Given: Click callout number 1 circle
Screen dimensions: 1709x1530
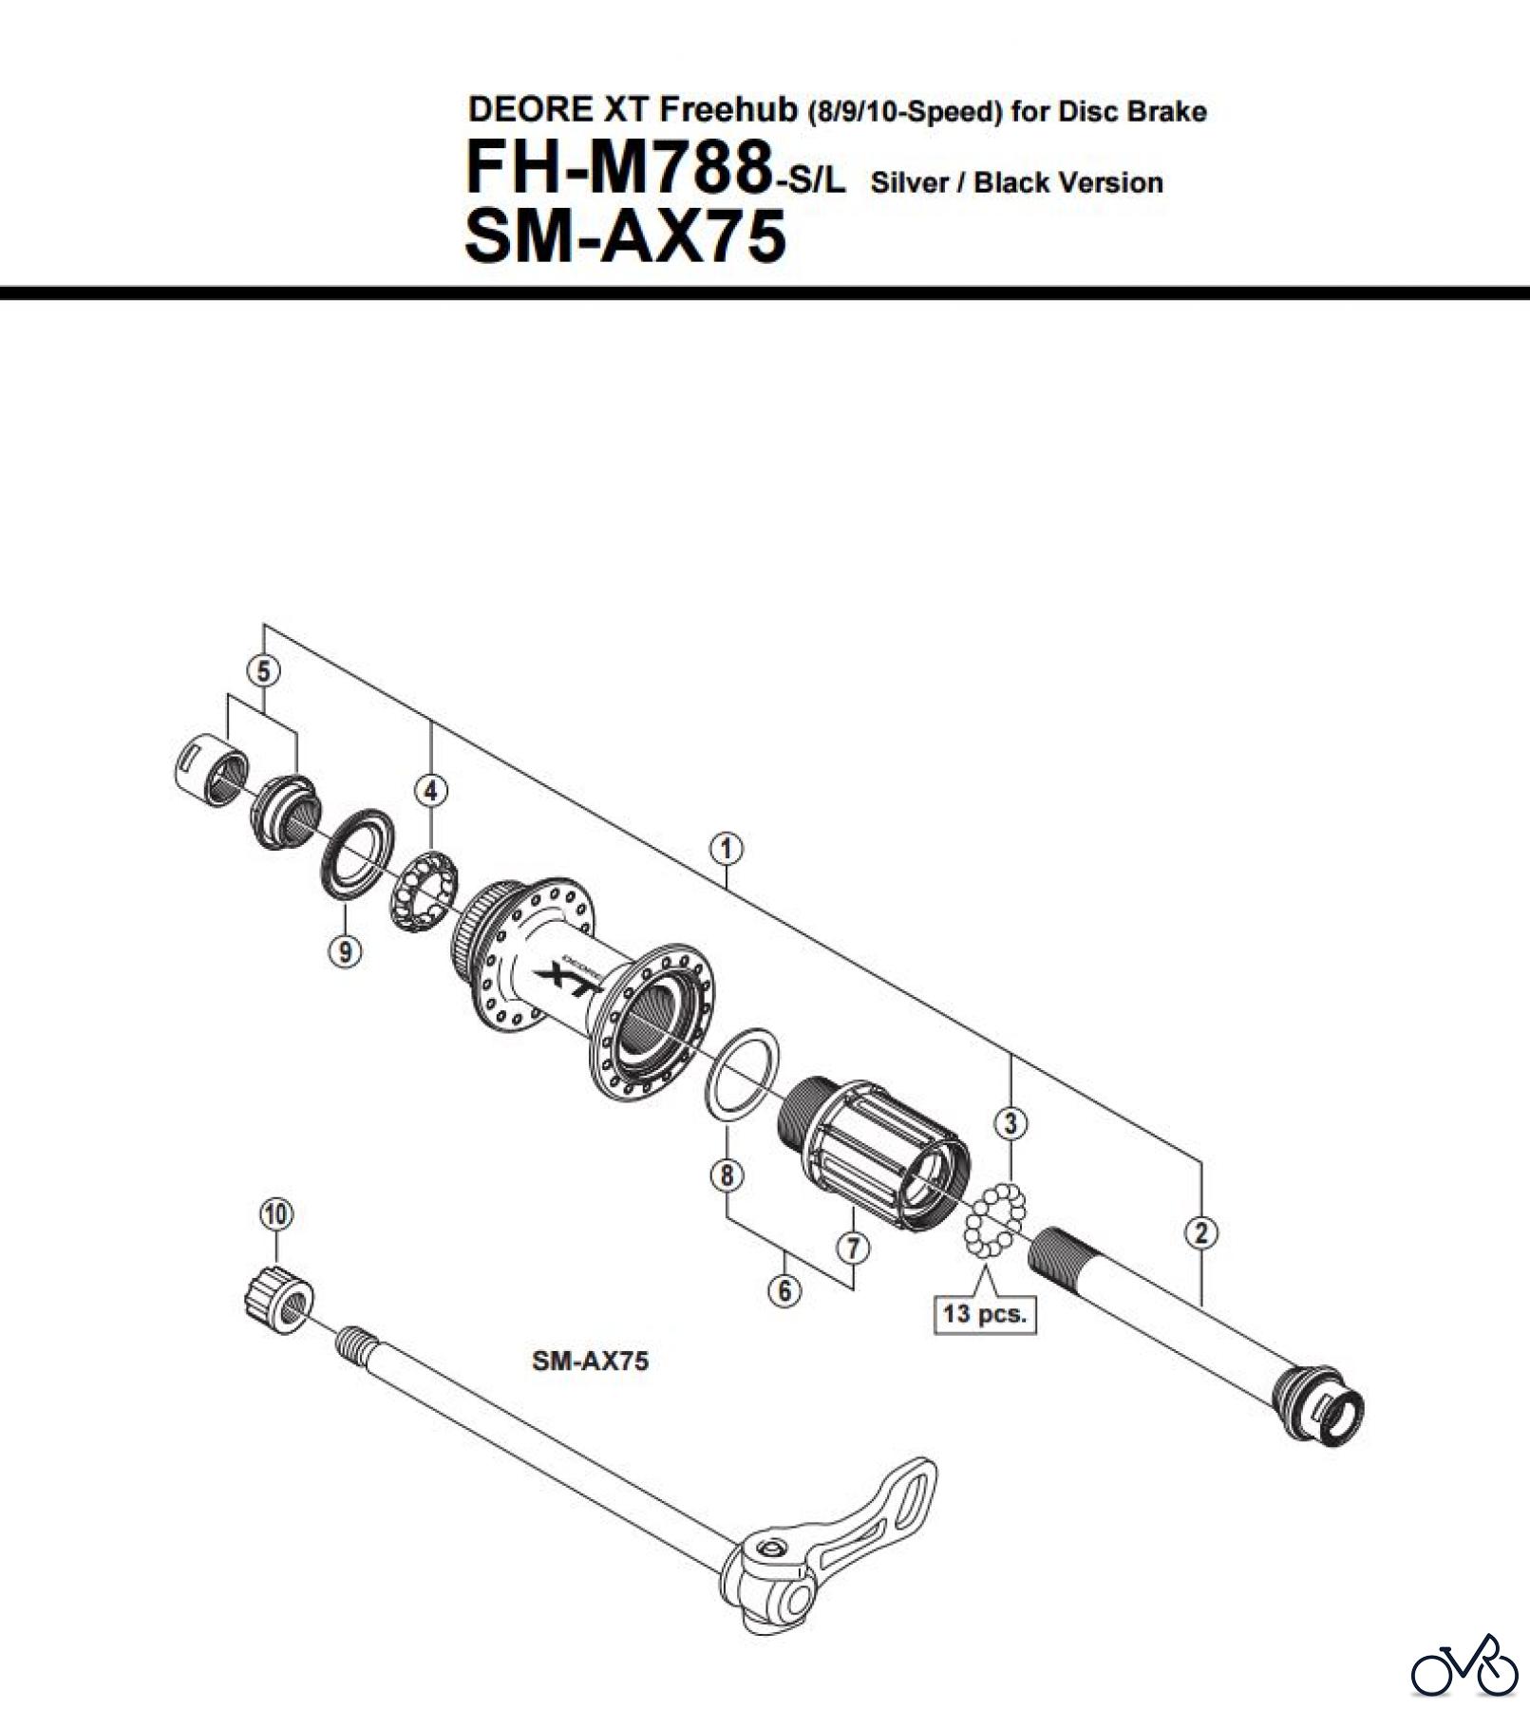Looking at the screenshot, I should (x=727, y=848).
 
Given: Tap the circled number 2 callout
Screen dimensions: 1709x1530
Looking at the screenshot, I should (x=1201, y=1232).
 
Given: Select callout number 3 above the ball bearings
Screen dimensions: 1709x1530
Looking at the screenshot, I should (x=1011, y=1123).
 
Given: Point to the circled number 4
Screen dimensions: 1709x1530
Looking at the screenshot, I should (x=431, y=790).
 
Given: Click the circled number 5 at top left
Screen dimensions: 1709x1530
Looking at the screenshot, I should (x=263, y=671).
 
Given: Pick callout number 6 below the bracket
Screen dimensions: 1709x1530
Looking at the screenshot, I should (x=784, y=1290).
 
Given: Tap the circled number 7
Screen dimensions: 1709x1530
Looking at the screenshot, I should (x=853, y=1248).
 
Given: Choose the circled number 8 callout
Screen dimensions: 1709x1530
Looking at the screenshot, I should (x=727, y=1175).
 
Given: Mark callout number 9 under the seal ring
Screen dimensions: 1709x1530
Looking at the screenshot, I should (x=345, y=949).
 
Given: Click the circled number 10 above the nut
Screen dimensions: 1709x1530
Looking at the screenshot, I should (x=275, y=1213).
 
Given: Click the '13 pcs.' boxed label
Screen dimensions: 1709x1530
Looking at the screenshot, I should (x=985, y=1314).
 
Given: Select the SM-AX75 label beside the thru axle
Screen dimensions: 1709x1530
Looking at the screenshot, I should (x=590, y=1361).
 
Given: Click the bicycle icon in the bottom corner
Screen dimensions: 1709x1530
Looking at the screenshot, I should (x=1464, y=1666).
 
